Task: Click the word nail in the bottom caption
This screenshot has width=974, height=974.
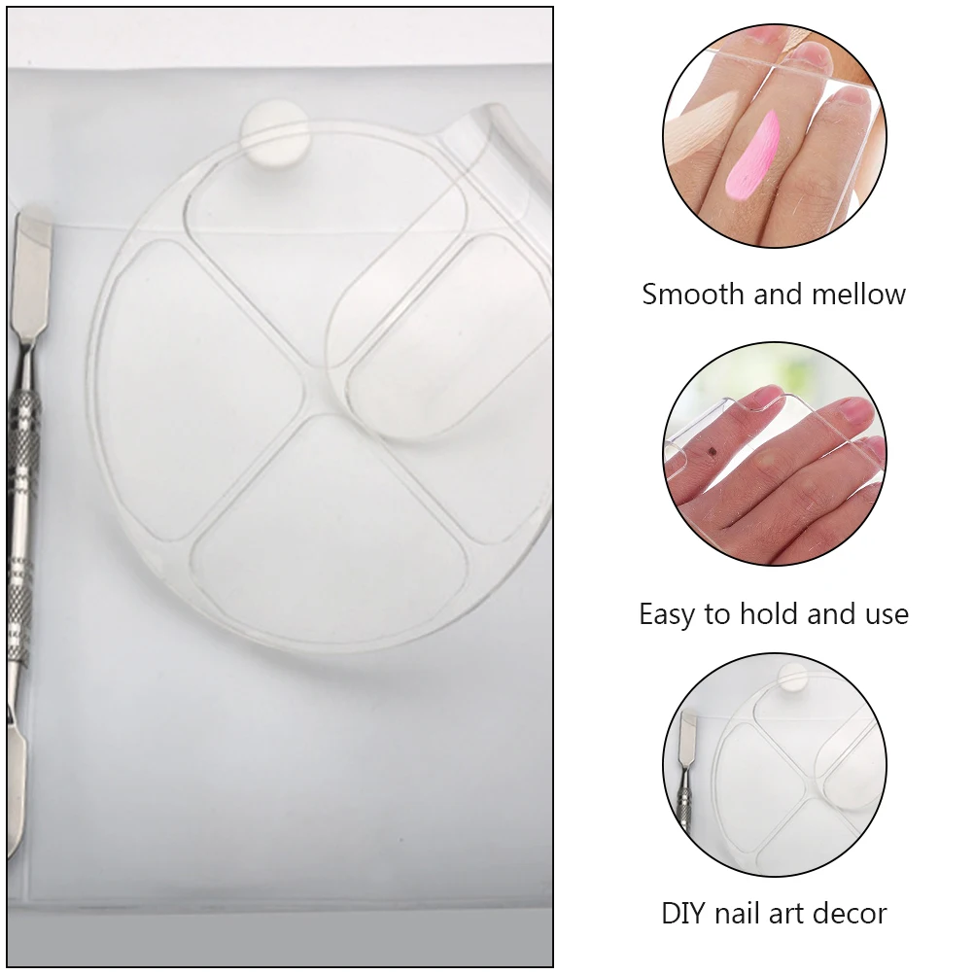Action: click(744, 914)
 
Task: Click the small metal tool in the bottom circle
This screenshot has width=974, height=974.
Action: click(686, 768)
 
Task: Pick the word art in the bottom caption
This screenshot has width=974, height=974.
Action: click(792, 914)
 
